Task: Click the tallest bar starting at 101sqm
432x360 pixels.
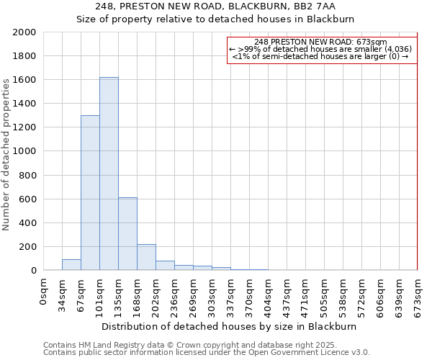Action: point(109,174)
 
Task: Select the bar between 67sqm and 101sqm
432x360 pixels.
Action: point(90,193)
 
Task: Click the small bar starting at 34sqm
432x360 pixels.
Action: point(71,265)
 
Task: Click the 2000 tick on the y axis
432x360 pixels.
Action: point(25,32)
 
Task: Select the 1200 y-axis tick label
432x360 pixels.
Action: point(25,127)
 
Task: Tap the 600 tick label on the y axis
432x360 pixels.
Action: point(28,199)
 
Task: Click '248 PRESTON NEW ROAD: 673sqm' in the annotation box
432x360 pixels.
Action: point(321,42)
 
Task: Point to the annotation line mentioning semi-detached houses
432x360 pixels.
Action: point(321,56)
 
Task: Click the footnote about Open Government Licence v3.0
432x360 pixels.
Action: point(207,352)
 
